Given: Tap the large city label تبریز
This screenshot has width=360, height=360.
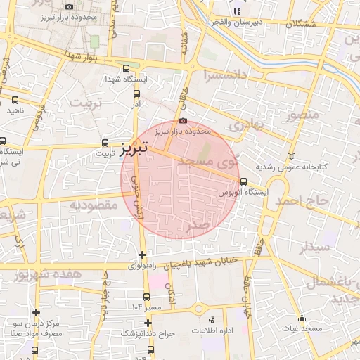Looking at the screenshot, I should pyautogui.click(x=133, y=149).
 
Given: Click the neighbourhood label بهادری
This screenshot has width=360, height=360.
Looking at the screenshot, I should pyautogui.click(x=246, y=126).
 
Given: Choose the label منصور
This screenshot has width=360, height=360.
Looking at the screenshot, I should pyautogui.click(x=303, y=112).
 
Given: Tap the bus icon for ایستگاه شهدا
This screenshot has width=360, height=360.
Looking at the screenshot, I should pyautogui.click(x=126, y=69).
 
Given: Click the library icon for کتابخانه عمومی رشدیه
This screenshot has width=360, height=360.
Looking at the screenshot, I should pyautogui.click(x=292, y=155).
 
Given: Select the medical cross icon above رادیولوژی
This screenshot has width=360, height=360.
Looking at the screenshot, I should pyautogui.click(x=143, y=255).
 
